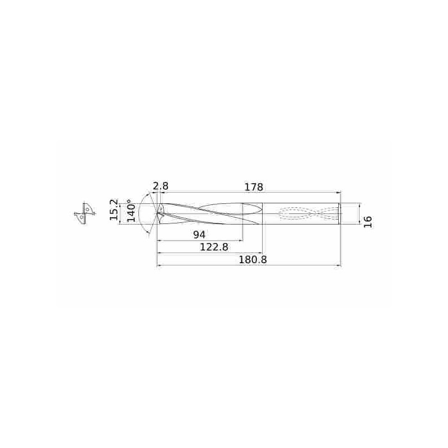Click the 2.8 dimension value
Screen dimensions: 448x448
(x=161, y=186)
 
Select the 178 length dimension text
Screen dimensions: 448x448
(x=254, y=187)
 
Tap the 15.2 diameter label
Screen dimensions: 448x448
(x=114, y=209)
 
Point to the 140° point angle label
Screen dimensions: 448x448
(x=131, y=211)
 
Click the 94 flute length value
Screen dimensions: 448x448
(x=199, y=235)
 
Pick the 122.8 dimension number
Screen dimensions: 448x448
(x=214, y=247)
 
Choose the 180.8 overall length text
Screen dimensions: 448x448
(x=253, y=260)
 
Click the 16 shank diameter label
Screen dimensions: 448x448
(x=368, y=222)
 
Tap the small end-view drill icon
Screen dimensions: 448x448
(x=85, y=213)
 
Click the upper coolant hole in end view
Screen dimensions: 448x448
(x=87, y=209)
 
